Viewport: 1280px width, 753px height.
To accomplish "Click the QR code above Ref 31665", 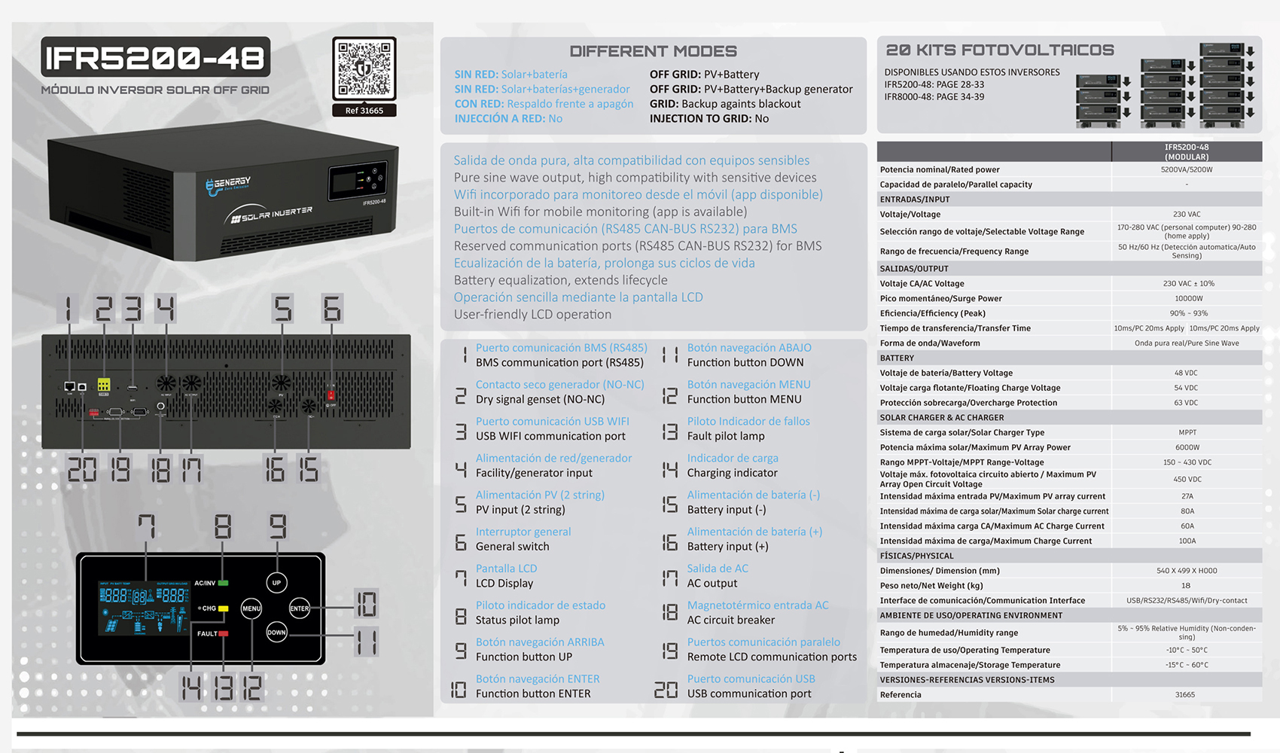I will point(364,69).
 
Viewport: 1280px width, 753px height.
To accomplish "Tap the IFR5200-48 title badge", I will point(155,57).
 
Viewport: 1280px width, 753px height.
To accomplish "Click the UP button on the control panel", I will point(276,583).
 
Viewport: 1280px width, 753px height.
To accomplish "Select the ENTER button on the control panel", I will point(300,608).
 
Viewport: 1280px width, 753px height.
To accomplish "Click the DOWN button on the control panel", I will point(276,633).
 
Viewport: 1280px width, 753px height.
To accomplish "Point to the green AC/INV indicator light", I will point(223,583).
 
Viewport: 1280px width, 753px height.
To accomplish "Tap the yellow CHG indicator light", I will point(223,608).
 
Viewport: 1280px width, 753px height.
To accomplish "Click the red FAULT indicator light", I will point(223,634).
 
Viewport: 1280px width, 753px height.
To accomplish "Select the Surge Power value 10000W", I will point(1187,298).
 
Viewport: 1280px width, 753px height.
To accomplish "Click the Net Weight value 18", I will point(1186,586).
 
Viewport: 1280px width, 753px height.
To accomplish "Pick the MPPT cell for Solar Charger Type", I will point(1187,432).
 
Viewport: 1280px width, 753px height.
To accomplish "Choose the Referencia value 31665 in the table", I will point(1185,695).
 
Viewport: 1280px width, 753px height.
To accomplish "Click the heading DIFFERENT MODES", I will point(653,51).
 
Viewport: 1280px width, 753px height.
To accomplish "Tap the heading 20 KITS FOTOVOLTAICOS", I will point(999,50).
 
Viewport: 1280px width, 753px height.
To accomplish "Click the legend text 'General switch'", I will point(512,547).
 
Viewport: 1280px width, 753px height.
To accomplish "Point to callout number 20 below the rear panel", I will point(81,470).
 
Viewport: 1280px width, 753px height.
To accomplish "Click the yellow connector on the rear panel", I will point(104,385).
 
